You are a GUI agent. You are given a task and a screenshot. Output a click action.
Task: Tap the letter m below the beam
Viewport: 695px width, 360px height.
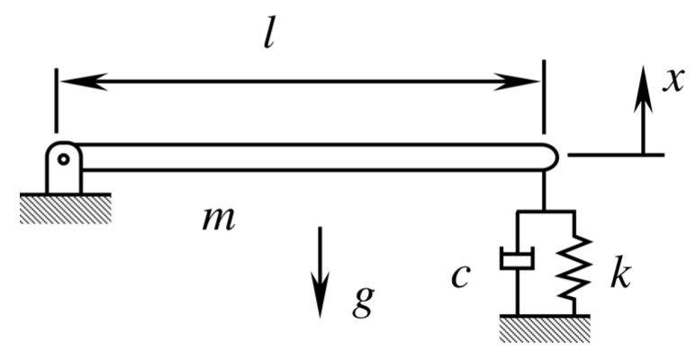pyautogui.click(x=220, y=217)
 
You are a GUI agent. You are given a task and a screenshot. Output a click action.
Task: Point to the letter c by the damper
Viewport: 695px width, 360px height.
pyautogui.click(x=461, y=276)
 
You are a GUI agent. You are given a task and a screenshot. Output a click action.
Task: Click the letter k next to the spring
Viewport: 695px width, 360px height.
pyautogui.click(x=618, y=274)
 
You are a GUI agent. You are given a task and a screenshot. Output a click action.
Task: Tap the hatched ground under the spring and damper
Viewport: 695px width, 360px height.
pyautogui.click(x=545, y=328)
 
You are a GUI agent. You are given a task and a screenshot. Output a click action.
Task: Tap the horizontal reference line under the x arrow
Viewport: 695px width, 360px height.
pyautogui.click(x=616, y=155)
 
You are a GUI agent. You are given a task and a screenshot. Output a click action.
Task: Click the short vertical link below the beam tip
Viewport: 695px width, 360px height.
pyautogui.click(x=545, y=190)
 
